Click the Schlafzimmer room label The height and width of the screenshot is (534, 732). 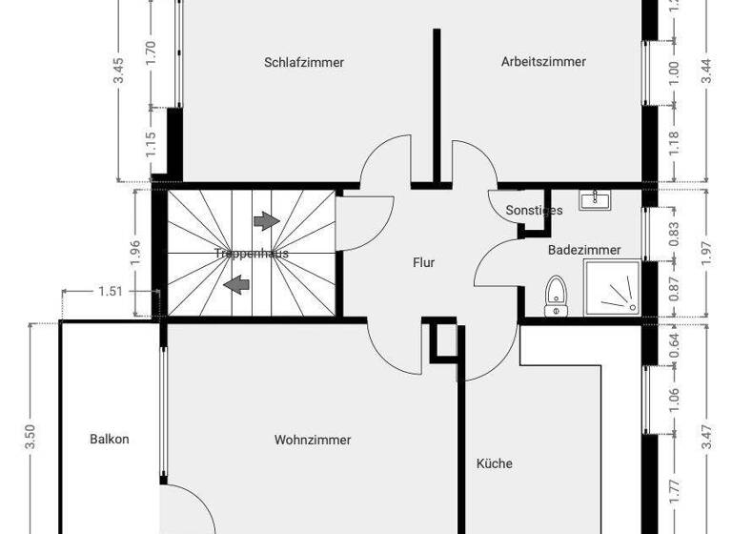(303, 63)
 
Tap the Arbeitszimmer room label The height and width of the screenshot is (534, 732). (543, 62)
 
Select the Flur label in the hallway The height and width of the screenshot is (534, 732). (423, 262)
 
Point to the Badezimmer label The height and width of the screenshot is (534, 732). (584, 250)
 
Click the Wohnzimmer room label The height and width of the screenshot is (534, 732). (313, 441)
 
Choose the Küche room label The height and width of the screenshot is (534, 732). (495, 463)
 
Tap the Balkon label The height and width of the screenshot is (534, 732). (110, 440)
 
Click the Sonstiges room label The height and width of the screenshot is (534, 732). (534, 210)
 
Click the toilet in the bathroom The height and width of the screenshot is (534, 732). (555, 296)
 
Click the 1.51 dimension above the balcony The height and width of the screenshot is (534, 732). (111, 292)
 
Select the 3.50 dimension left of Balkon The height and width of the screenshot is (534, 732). (31, 437)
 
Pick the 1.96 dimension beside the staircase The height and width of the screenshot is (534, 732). (136, 253)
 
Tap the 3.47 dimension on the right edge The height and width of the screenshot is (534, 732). (705, 437)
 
